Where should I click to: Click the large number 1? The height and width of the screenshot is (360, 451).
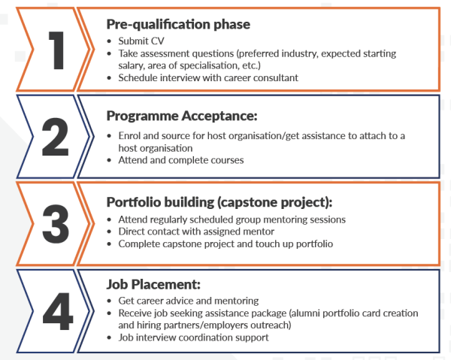[56, 50]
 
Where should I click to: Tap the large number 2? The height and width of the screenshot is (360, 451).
[55, 137]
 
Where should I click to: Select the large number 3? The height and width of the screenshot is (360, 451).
[56, 224]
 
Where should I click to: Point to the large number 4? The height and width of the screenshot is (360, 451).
[58, 311]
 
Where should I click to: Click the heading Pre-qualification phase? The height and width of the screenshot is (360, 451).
[178, 25]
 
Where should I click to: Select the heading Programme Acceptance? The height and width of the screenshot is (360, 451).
[182, 116]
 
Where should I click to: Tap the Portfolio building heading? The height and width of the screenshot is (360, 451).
[219, 202]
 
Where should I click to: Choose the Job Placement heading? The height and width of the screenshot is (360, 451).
[153, 284]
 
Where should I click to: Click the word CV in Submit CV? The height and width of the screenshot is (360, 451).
[157, 41]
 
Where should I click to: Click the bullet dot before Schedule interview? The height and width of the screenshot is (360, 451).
[109, 78]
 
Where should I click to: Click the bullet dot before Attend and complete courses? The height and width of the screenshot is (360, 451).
[109, 160]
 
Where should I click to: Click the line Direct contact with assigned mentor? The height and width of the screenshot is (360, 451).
[196, 231]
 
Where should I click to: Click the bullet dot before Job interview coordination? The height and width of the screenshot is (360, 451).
[109, 337]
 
